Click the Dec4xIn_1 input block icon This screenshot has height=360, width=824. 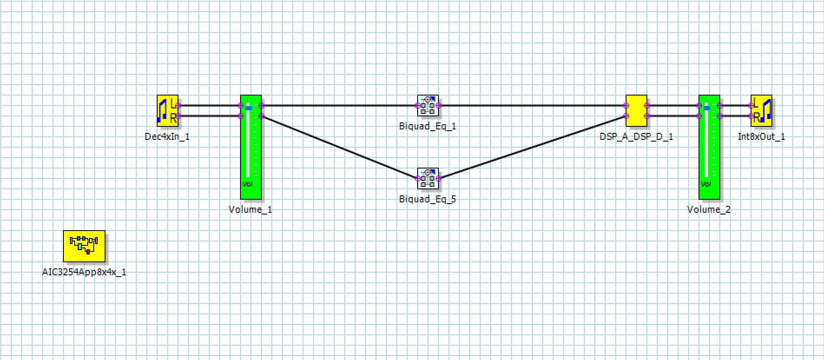pyautogui.click(x=168, y=111)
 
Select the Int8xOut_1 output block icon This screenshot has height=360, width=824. pyautogui.click(x=761, y=111)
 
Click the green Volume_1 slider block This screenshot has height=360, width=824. pyautogui.click(x=251, y=147)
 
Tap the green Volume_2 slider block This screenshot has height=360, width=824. pyautogui.click(x=709, y=147)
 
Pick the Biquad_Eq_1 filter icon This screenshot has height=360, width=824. pyautogui.click(x=428, y=106)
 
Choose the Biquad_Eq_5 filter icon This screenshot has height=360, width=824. pyautogui.click(x=428, y=178)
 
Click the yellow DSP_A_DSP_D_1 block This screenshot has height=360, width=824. pyautogui.click(x=636, y=111)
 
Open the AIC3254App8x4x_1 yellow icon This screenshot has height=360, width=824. pyautogui.click(x=84, y=246)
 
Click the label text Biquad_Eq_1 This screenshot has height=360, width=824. pyautogui.click(x=428, y=126)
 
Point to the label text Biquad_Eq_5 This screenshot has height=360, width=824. pyautogui.click(x=428, y=199)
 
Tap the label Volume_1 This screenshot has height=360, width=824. pyautogui.click(x=250, y=210)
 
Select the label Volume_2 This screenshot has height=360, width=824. pyautogui.click(x=709, y=210)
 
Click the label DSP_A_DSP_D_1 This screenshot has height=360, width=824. pyautogui.click(x=636, y=137)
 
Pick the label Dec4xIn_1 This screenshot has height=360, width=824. pyautogui.click(x=167, y=137)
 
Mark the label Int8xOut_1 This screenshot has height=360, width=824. pyautogui.click(x=761, y=137)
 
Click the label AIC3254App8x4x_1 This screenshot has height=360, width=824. pyautogui.click(x=84, y=272)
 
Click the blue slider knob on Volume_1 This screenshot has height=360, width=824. pyautogui.click(x=248, y=107)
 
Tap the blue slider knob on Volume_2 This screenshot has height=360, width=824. pyautogui.click(x=707, y=107)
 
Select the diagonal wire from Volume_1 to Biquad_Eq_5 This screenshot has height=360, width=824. pyautogui.click(x=339, y=147)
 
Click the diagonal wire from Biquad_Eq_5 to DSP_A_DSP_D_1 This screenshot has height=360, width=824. pyautogui.click(x=532, y=147)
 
